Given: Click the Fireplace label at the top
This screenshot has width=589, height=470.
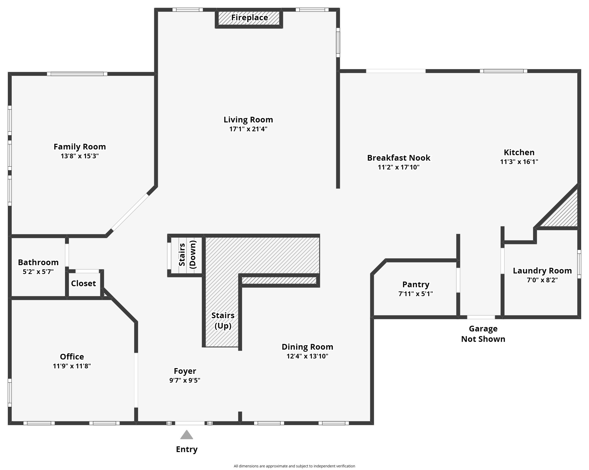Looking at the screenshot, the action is point(249,17).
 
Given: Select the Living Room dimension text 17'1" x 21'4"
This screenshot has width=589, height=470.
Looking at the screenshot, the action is point(248,129).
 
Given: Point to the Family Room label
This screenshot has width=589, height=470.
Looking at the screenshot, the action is point(80,147).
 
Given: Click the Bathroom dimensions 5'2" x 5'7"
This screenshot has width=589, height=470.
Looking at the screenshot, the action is point(38,272).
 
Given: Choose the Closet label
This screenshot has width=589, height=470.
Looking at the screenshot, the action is point(83,283).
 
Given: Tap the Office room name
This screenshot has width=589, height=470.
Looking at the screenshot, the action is point(72,357).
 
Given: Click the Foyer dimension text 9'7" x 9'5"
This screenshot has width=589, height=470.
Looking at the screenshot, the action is point(185,380).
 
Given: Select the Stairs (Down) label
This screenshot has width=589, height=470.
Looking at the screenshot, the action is point(187,254).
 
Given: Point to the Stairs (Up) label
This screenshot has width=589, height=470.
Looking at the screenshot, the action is point(223,321).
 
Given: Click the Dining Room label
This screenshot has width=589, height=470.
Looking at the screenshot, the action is point(307,347).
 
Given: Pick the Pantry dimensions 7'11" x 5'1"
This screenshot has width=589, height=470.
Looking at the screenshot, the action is point(416,294).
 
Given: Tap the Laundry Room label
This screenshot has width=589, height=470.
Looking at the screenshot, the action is point(542,271).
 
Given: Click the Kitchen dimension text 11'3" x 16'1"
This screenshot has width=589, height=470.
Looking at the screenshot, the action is point(519,162).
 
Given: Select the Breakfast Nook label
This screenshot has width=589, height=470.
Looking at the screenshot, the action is point(399,158).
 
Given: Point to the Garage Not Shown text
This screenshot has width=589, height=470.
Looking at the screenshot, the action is point(483,334).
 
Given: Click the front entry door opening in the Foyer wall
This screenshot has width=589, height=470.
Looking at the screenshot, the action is point(190,423).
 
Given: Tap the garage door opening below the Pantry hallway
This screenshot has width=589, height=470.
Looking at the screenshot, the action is point(481,317).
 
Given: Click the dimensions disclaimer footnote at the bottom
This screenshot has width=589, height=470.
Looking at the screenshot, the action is point(294,466).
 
